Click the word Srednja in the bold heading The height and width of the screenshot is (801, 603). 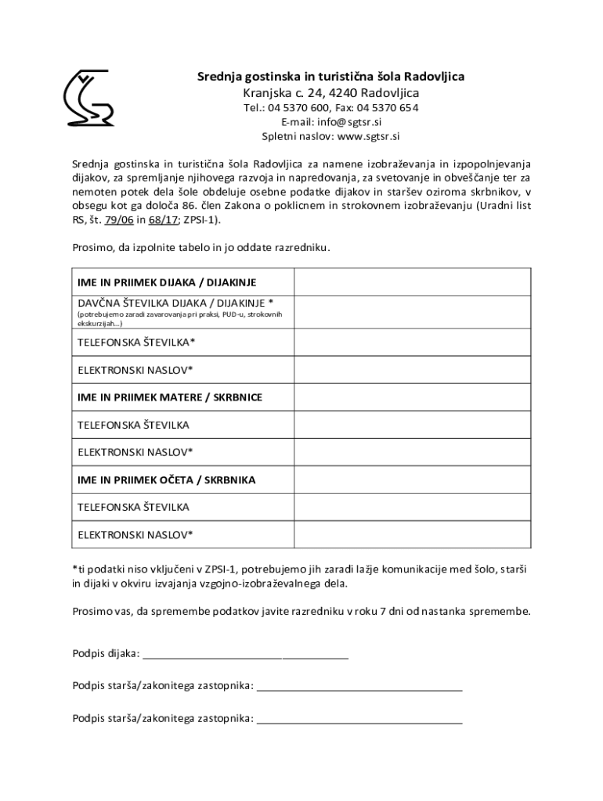tap(218, 77)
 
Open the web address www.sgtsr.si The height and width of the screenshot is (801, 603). tap(368, 136)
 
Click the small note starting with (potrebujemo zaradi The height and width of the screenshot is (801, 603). tap(179, 318)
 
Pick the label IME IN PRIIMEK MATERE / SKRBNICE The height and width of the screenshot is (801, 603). tap(170, 397)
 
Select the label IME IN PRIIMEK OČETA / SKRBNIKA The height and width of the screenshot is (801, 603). tap(166, 480)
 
